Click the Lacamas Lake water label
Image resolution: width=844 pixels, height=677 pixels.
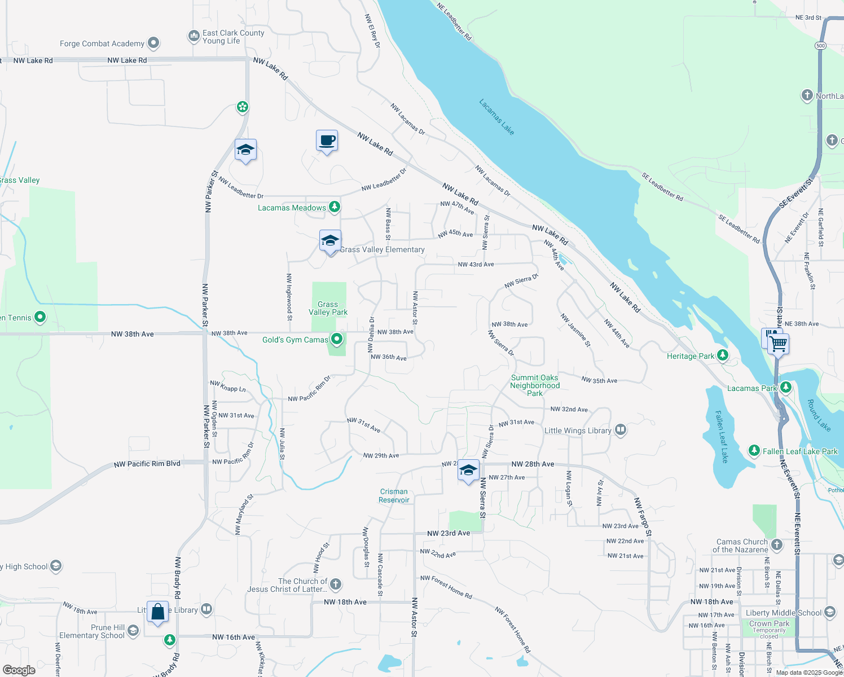point(496,117)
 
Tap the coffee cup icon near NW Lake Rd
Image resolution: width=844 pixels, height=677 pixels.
point(327,140)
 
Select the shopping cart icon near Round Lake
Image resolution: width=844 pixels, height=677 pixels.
point(778,343)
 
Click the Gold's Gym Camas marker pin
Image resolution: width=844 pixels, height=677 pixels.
point(337,339)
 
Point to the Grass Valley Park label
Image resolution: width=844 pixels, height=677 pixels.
point(328,308)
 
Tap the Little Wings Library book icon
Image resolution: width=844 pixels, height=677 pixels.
point(620,430)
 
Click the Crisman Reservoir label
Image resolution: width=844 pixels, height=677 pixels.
point(394,496)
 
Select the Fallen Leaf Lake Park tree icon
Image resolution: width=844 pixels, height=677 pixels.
point(754,450)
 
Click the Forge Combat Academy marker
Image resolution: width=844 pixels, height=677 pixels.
point(153,43)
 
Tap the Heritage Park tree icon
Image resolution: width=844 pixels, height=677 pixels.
point(723,355)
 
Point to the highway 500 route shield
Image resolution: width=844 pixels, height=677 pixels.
point(820,45)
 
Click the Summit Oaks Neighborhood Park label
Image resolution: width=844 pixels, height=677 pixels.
point(534,385)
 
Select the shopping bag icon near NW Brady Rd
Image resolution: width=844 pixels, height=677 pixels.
point(158,612)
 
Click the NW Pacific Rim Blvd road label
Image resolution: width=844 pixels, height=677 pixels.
point(147,464)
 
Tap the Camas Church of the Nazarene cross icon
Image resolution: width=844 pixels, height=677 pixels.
point(777,544)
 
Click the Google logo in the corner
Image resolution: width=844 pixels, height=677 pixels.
point(19,670)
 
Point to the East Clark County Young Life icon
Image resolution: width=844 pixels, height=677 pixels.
point(194,36)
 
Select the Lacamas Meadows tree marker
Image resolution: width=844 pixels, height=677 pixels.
point(335,207)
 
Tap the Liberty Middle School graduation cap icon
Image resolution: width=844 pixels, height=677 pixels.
point(829,612)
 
